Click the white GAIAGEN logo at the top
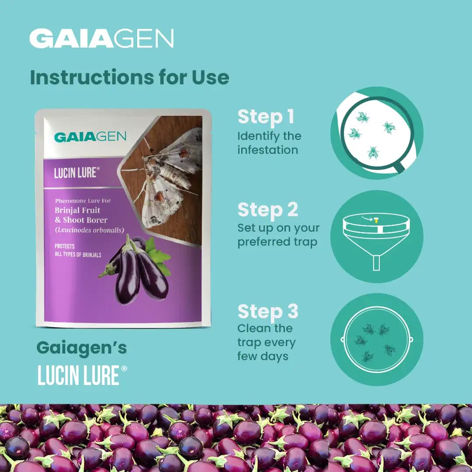coord(101,38)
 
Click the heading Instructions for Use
coord(129,77)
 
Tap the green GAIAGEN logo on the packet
coord(90,136)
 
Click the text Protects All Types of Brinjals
coord(78,250)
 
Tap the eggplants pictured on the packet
coord(135,271)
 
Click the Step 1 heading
coord(266,117)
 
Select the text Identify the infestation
coord(269,143)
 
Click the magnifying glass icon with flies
coord(376,133)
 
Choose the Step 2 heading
coord(267,210)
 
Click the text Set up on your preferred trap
coord(278,235)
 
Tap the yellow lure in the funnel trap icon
coord(375,220)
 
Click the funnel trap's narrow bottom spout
coord(376,263)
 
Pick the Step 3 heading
coord(267,312)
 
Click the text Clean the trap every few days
coord(266,342)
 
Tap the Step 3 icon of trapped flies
coord(376,340)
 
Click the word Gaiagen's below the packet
coord(82,348)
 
